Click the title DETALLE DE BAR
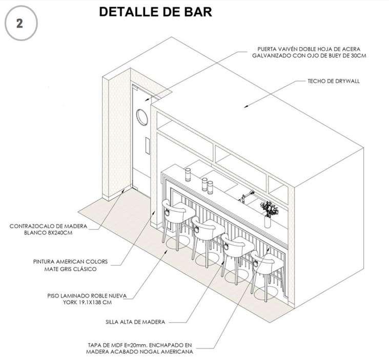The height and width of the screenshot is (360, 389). (x=155, y=12)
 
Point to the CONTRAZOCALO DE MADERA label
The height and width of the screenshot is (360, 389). (x=49, y=229)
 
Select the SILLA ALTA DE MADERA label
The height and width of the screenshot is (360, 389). (x=134, y=322)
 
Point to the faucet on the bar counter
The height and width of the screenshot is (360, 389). (x=247, y=195)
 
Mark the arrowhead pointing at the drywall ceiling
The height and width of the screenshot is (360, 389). (x=247, y=106)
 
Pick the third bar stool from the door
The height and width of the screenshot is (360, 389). (x=235, y=249)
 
